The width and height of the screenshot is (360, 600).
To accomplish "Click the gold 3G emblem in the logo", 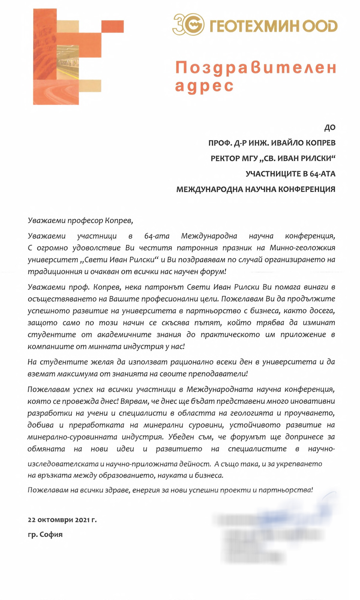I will pyautogui.click(x=188, y=24).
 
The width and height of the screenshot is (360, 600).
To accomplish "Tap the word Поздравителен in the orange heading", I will pyautogui.click(x=255, y=68).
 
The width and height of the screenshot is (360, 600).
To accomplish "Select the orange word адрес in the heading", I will pyautogui.click(x=204, y=86).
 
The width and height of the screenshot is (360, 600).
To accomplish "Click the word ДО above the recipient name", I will pyautogui.click(x=330, y=128).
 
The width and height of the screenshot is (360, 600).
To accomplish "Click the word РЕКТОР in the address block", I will pyautogui.click(x=225, y=158).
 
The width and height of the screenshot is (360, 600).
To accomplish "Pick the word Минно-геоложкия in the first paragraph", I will pyautogui.click(x=302, y=248).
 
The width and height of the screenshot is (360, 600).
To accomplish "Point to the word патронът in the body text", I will pyautogui.click(x=162, y=287).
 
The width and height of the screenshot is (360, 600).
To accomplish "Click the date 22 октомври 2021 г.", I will pyautogui.click(x=62, y=520).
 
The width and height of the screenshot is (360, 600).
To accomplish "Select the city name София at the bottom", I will pyautogui.click(x=51, y=534).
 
